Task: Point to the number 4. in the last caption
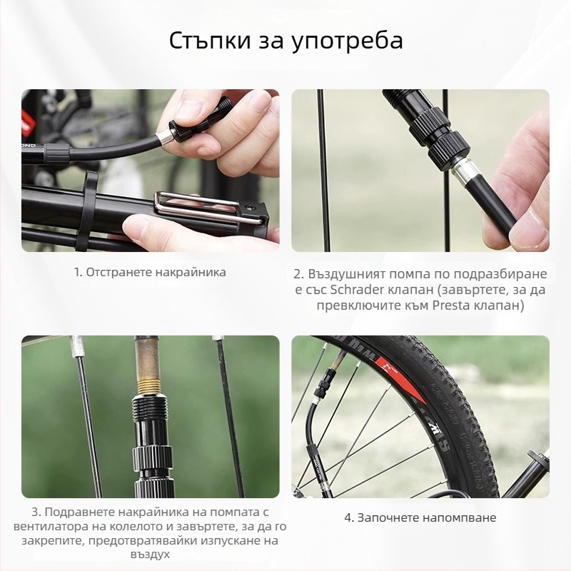click(349, 517)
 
